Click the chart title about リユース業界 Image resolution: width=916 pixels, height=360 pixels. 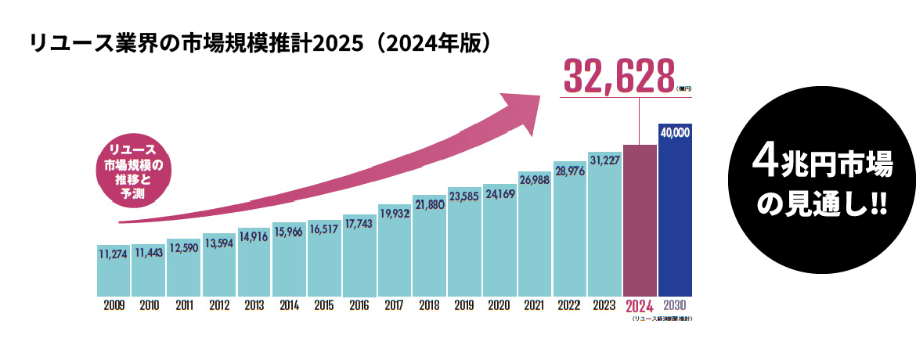pos(262,42)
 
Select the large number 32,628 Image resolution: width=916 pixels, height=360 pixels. pos(618,76)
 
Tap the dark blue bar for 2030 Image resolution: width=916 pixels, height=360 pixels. pos(675,219)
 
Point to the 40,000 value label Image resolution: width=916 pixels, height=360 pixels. pos(675,133)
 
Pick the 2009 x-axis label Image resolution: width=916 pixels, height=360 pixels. pos(114,305)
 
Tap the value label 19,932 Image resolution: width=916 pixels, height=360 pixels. pos(395,213)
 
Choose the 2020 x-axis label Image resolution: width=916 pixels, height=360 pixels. pos(499,305)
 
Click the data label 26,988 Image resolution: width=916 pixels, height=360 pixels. pos(534,180)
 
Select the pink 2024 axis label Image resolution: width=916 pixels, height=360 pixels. pos(640,306)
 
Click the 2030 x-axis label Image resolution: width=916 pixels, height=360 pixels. pos(675,305)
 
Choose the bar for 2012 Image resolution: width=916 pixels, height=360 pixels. pos(218,270)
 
